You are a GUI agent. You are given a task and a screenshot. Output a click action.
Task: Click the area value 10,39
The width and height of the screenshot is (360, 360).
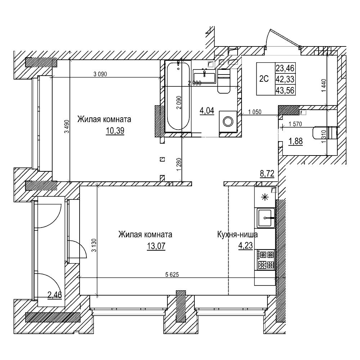click(x=115, y=131)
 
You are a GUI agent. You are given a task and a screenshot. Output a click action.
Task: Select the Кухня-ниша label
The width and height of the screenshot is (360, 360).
click(x=237, y=235)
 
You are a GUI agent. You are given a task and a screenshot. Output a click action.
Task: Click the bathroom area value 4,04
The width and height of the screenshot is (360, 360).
click(x=207, y=111)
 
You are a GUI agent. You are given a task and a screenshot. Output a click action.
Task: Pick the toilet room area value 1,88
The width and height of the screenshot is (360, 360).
click(x=295, y=141)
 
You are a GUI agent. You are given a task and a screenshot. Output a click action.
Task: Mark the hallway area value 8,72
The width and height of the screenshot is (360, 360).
click(x=267, y=174)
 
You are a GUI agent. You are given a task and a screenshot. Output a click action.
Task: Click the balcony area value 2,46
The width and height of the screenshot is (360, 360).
click(x=55, y=295)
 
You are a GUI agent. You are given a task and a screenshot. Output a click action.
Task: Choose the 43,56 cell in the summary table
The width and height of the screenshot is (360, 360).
click(x=285, y=91)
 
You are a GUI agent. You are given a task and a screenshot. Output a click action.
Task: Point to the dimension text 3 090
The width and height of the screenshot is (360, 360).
click(x=100, y=75)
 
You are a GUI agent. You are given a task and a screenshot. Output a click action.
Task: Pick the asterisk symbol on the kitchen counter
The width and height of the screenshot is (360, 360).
click(x=265, y=197)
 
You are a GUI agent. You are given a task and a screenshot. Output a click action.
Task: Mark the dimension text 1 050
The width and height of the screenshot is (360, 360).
click(x=255, y=112)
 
